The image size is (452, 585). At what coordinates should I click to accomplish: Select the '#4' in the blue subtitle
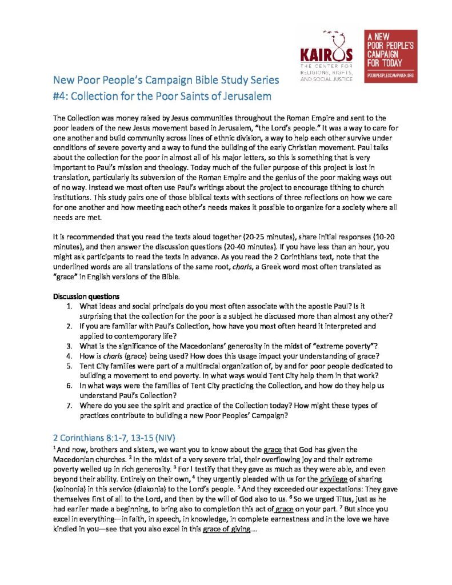click(61, 95)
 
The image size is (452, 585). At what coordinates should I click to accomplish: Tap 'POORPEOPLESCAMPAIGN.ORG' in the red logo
click(390, 75)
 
